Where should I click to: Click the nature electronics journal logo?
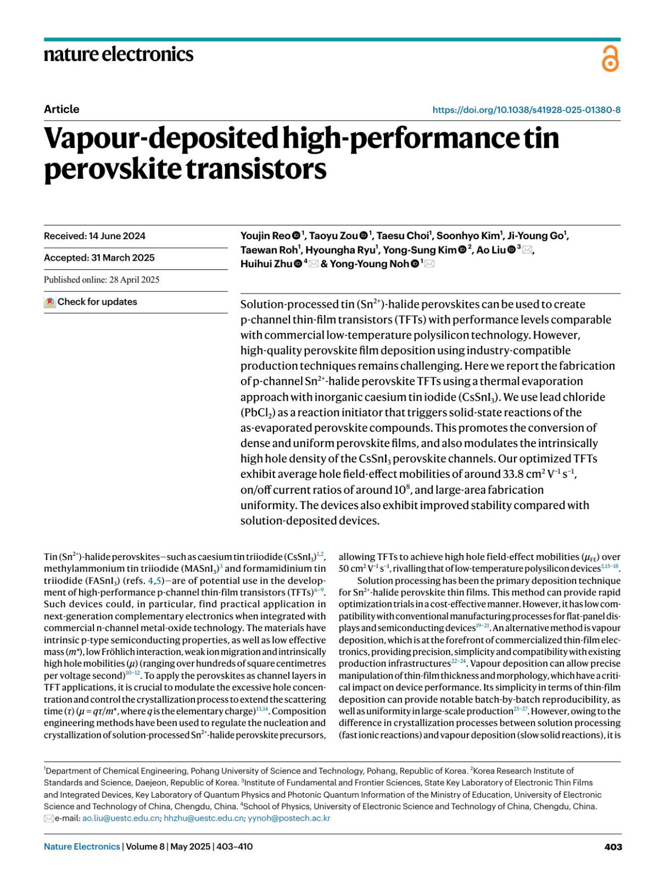click(x=119, y=54)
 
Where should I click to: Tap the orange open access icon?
click(x=610, y=59)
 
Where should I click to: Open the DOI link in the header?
click(x=526, y=110)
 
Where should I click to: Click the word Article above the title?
click(x=62, y=109)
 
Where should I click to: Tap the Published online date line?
click(x=102, y=280)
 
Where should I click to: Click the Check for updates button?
click(x=91, y=302)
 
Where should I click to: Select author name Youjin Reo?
click(x=265, y=236)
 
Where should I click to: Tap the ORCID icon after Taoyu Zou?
click(x=364, y=236)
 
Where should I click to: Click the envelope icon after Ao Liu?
click(x=527, y=250)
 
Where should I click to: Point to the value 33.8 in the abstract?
click(x=516, y=474)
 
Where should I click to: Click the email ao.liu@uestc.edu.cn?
click(x=121, y=818)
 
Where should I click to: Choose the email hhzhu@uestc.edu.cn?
click(x=204, y=818)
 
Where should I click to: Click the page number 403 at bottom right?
click(x=613, y=847)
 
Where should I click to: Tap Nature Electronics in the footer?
click(x=82, y=847)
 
